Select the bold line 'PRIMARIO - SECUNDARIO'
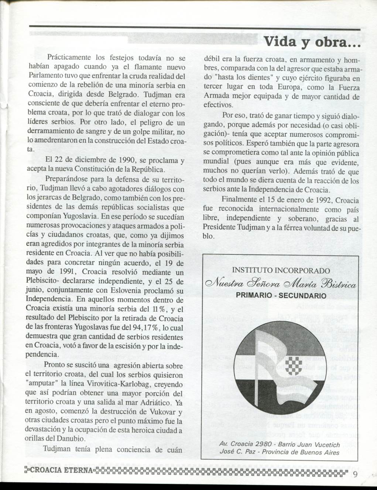[281, 296]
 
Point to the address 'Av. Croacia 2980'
[245, 444]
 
